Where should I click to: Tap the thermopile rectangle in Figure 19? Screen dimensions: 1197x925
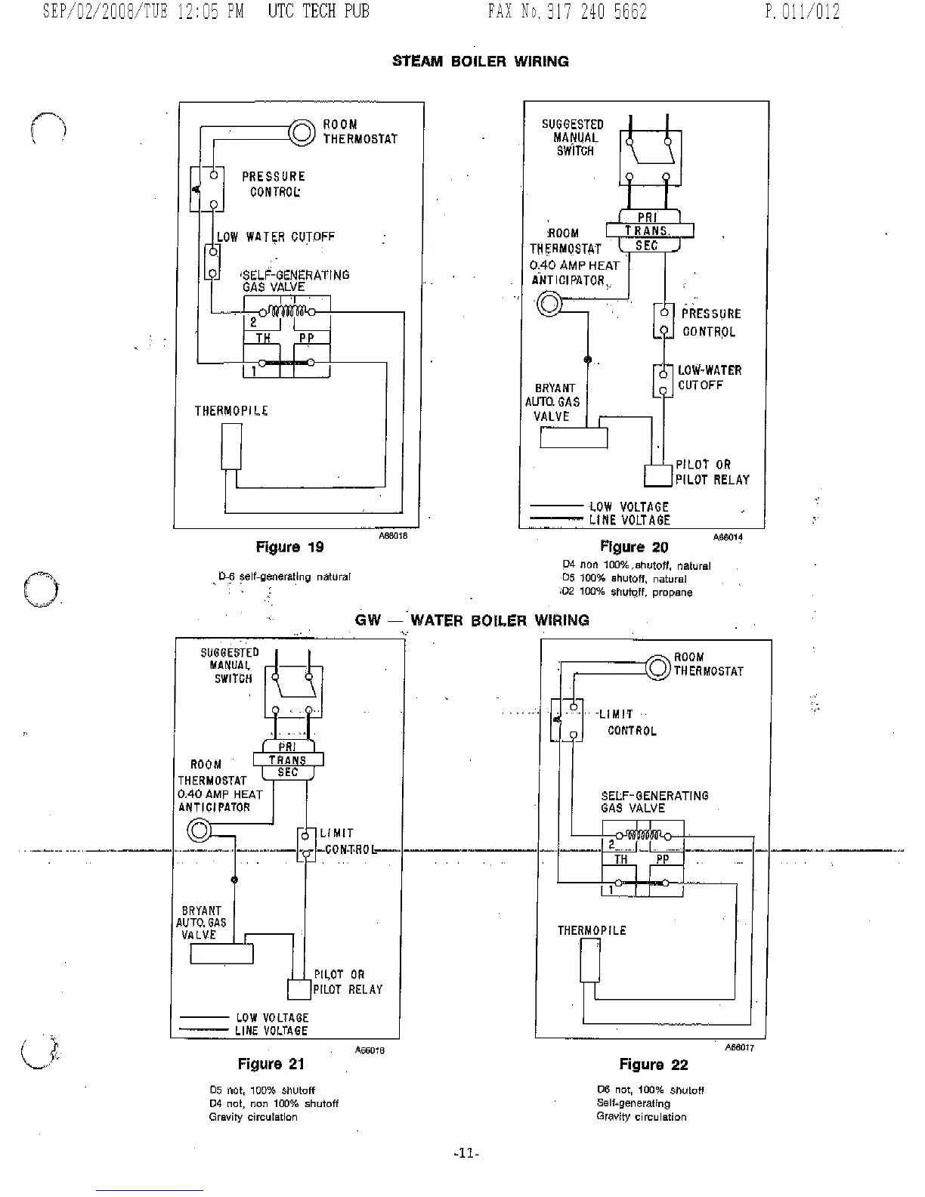click(231, 447)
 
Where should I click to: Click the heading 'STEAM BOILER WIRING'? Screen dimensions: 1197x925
click(481, 61)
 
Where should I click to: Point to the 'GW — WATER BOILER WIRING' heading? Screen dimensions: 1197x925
click(472, 620)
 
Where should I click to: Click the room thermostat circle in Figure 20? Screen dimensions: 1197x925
click(549, 305)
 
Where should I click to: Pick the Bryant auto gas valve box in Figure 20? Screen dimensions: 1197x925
click(574, 438)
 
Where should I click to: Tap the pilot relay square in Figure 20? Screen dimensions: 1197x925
click(658, 475)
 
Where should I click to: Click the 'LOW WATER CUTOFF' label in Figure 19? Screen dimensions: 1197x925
click(276, 237)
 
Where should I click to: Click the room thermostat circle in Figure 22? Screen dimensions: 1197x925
click(657, 667)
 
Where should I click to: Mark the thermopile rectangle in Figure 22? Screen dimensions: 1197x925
click(590, 960)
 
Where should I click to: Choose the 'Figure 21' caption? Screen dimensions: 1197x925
click(271, 1064)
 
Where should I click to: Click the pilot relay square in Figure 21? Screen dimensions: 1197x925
click(300, 989)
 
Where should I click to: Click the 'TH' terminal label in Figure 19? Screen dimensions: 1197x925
click(263, 338)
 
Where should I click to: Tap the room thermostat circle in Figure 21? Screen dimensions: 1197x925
click(199, 832)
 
